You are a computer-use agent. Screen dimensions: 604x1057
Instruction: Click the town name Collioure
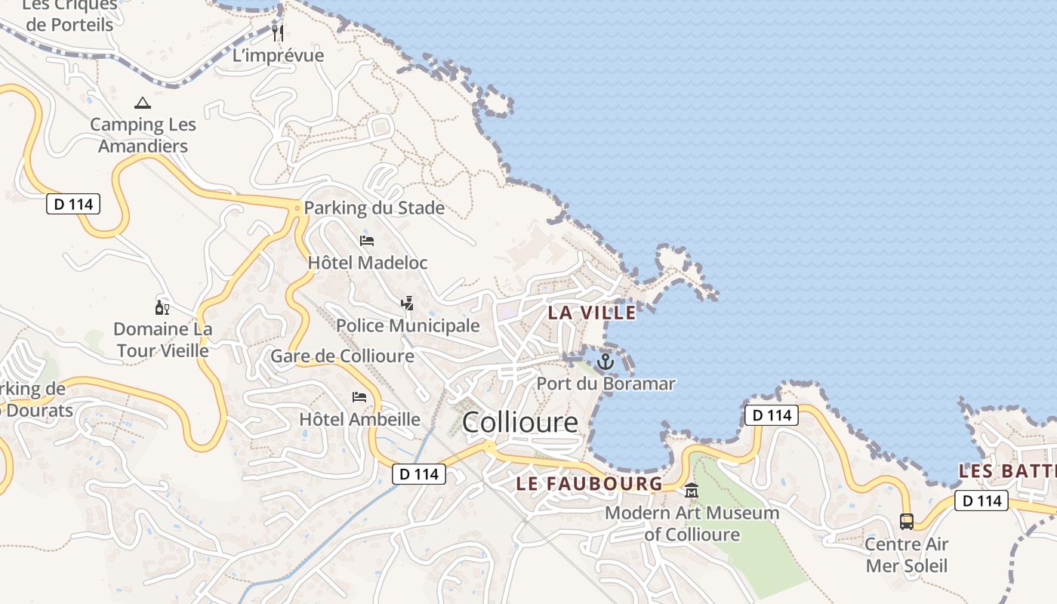click(519, 422)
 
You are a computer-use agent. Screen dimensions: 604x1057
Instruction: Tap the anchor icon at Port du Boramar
click(606, 362)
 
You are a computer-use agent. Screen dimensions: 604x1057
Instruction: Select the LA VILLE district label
click(592, 313)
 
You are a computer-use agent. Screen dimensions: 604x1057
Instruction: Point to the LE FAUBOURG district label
click(589, 484)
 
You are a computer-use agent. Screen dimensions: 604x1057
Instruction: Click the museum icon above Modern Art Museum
click(692, 492)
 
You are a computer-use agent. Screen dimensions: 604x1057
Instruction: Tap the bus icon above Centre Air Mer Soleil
click(906, 521)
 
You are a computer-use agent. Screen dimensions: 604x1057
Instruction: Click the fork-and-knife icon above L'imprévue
click(278, 32)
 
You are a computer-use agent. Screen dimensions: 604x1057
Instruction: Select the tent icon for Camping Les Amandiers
click(143, 103)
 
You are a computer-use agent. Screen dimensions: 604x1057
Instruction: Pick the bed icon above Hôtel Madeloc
click(367, 241)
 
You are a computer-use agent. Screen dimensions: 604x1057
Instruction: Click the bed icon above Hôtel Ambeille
click(359, 397)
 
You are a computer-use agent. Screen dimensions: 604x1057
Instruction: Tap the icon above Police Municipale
click(408, 304)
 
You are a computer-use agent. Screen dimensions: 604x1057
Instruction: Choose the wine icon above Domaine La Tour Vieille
click(162, 307)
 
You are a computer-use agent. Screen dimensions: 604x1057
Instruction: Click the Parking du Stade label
click(374, 208)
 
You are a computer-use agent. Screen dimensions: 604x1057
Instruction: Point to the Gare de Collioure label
click(342, 356)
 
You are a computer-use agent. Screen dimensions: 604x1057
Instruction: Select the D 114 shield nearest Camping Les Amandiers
click(73, 204)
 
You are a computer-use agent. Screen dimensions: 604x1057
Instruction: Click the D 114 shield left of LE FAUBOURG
click(419, 474)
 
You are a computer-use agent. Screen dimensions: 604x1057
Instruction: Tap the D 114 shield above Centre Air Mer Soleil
click(981, 500)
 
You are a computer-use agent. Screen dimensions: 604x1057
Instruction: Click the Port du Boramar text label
click(606, 384)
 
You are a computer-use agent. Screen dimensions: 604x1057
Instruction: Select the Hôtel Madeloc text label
click(368, 263)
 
